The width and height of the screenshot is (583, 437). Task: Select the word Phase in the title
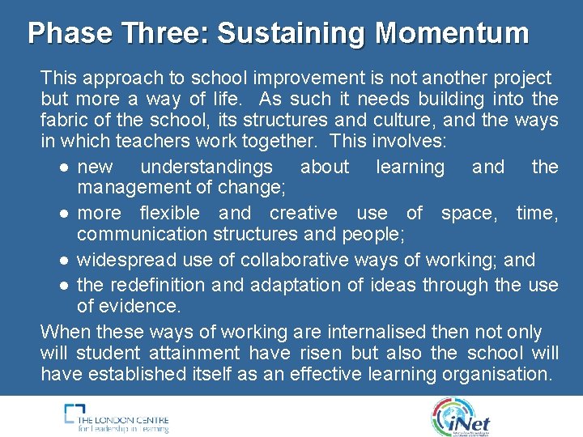(x=71, y=33)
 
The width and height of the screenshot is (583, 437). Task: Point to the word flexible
(x=169, y=213)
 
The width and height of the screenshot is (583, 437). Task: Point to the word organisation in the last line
(x=496, y=373)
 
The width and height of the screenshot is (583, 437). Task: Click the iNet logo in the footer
(x=462, y=417)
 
